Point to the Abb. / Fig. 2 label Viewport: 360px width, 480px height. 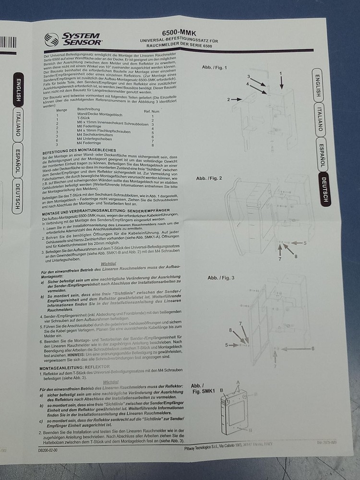pyautogui.click(x=209, y=179)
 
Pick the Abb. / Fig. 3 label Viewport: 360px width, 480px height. pyautogui.click(x=221, y=278)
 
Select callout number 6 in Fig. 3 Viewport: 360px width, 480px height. pyautogui.click(x=312, y=348)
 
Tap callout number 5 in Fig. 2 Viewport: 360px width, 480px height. pyautogui.click(x=304, y=243)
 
